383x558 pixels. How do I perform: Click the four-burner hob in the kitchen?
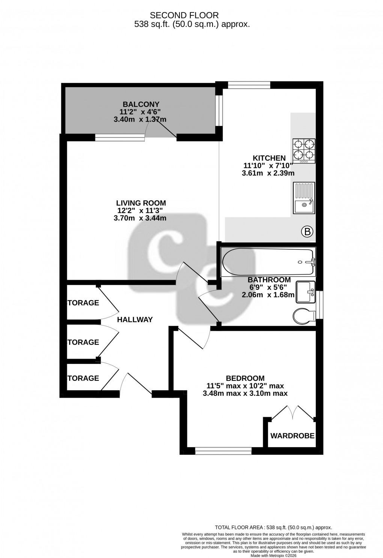tap(304, 151)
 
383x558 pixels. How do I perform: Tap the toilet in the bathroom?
tap(304, 317)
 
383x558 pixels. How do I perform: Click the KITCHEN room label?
tap(269, 158)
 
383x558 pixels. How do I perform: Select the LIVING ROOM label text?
tap(141, 203)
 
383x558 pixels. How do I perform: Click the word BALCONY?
tap(141, 104)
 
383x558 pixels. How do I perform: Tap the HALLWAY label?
tap(135, 320)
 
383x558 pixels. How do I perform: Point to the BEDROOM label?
tap(245, 378)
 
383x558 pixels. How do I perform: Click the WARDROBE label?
tap(292, 436)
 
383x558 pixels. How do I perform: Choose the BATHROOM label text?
tap(269, 280)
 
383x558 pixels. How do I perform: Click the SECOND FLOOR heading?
tap(184, 15)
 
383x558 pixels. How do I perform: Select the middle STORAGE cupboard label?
tap(83, 342)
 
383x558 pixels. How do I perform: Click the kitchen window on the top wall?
tap(249, 85)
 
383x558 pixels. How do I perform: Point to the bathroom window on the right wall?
tap(320, 305)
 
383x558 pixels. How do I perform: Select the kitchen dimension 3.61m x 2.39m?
tap(268, 173)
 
